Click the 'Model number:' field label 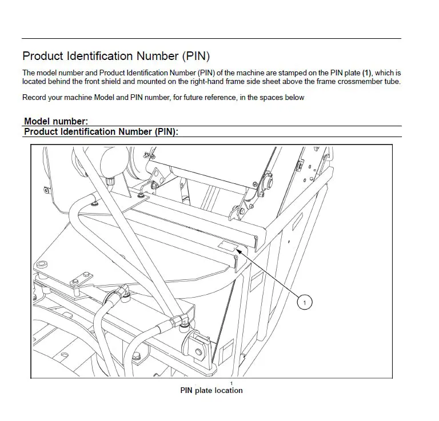click(56, 121)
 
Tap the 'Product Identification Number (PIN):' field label click(101, 132)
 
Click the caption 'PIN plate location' click(211, 391)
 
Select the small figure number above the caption click(232, 383)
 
